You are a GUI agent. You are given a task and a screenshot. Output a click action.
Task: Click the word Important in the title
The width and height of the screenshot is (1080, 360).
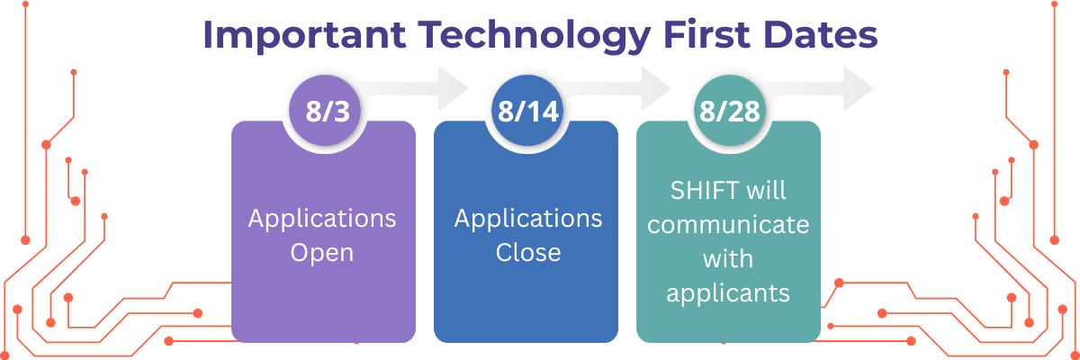tap(305, 36)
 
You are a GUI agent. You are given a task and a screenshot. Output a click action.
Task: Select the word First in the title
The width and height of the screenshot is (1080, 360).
tap(706, 35)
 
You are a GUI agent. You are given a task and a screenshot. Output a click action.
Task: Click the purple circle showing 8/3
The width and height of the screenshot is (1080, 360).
tap(325, 111)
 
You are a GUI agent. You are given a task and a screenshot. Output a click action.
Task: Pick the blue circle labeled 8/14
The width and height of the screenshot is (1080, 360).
tap(527, 111)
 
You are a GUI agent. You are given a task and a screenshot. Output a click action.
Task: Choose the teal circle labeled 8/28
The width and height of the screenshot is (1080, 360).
tap(730, 111)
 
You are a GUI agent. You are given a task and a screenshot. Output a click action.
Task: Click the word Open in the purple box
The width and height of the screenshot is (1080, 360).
tap(322, 253)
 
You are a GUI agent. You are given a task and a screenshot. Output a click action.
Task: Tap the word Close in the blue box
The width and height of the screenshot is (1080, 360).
tap(528, 253)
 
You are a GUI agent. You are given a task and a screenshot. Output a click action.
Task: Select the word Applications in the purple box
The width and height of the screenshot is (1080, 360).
tap(322, 220)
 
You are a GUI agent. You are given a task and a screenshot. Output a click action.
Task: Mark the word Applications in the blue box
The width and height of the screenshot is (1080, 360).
tap(528, 220)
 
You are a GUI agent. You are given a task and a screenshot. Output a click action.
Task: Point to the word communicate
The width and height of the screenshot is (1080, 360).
tap(728, 225)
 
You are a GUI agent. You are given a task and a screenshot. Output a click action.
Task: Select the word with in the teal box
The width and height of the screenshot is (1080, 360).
tap(728, 259)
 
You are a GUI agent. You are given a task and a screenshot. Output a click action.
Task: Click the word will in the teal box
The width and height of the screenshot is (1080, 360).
tap(767, 191)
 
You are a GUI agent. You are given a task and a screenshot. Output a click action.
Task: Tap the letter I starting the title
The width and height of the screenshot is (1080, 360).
tap(208, 35)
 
